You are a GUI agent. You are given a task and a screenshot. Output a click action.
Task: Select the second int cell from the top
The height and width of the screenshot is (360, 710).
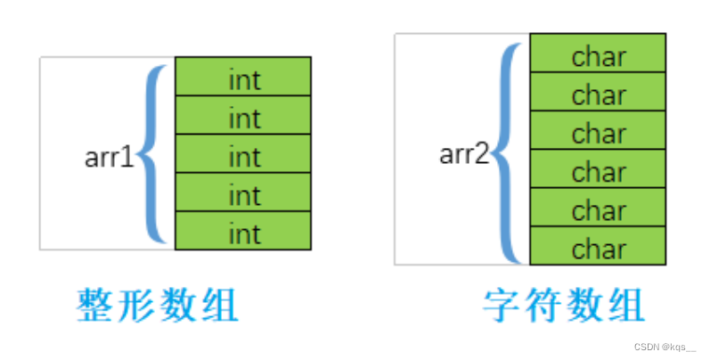pos(243,116)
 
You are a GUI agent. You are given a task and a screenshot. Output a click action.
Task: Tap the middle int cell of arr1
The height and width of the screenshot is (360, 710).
pos(243,155)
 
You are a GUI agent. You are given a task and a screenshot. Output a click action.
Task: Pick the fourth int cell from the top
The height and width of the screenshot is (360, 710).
pos(243,193)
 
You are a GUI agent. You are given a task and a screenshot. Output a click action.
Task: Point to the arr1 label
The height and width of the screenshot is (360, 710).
pos(108,158)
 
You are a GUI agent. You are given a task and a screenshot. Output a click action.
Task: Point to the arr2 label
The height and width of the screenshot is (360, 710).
pos(464,153)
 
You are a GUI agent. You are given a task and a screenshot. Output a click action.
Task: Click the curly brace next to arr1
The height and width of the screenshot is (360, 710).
pos(153,153)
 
